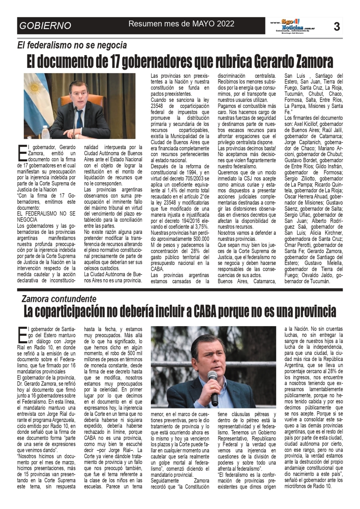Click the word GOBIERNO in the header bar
point(45,26)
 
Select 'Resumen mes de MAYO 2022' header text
point(181,24)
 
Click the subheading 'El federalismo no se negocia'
point(72,45)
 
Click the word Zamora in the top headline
point(310,62)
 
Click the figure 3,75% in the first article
point(201,227)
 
